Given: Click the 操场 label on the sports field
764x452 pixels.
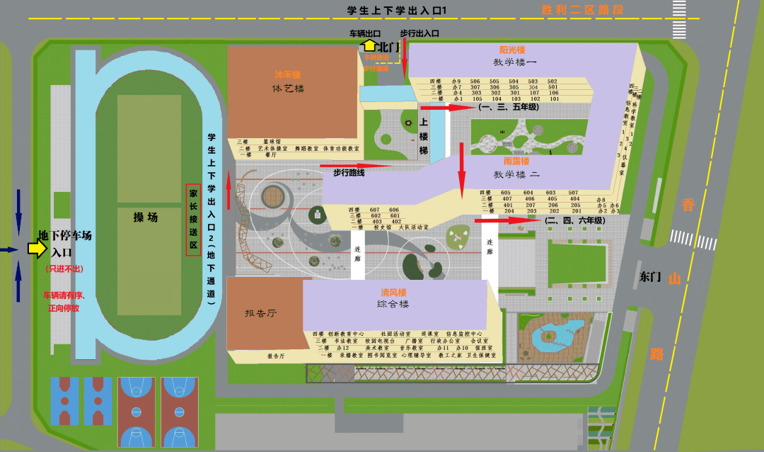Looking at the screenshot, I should point(145,217).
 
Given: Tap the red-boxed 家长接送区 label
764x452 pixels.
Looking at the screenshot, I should point(192,220).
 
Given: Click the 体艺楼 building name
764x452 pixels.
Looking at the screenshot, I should point(288,89).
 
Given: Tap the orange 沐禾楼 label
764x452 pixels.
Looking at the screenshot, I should point(288,74).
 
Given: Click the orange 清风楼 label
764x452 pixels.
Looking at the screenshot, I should point(393,292).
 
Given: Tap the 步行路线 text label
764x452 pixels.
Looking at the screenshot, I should point(349,173).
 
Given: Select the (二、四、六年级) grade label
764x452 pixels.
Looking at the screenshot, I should point(574,220).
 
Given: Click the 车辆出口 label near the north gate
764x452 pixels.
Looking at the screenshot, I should point(366,33).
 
